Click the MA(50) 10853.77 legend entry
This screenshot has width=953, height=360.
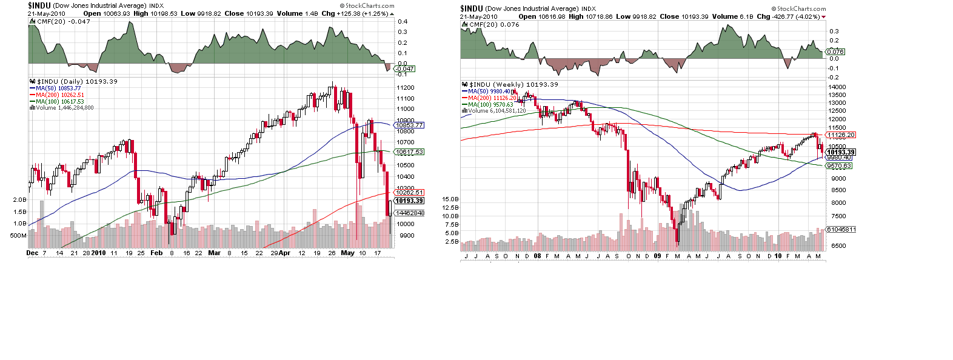point(58,88)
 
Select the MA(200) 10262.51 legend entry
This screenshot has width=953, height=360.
point(59,95)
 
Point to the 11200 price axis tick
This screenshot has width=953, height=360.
point(406,88)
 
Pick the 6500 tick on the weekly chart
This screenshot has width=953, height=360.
point(839,246)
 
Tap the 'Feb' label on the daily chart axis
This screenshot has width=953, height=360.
point(156,253)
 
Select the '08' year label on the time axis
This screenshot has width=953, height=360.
point(537,256)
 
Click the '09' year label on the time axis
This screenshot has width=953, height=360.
point(657,256)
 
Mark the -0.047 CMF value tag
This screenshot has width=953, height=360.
point(405,69)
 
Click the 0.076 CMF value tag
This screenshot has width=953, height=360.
point(835,52)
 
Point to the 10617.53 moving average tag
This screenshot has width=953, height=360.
point(410,152)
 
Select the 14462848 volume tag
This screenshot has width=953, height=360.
point(410,213)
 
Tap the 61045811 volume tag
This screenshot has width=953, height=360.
point(841,230)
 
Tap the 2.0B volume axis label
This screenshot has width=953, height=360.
point(19,199)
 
